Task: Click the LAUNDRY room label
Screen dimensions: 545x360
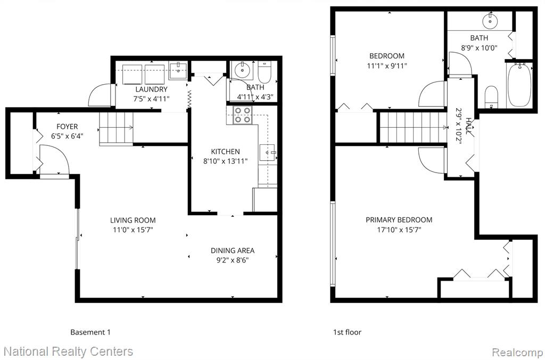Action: [152, 89]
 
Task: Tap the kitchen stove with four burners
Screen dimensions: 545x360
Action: [243, 115]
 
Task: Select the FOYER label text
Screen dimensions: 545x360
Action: [67, 127]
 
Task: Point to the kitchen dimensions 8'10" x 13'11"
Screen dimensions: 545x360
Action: [225, 161]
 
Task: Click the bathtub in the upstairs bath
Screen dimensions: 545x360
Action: [519, 85]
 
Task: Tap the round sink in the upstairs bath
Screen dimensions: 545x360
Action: [490, 21]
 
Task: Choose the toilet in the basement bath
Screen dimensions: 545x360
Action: [264, 72]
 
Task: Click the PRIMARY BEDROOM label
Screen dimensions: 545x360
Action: [399, 220]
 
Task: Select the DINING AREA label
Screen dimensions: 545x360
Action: [233, 250]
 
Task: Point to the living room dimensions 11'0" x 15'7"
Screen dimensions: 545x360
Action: [133, 230]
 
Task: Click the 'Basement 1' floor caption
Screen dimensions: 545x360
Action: [90, 332]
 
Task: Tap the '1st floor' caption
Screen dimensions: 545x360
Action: [347, 332]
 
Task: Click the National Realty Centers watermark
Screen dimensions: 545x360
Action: [68, 351]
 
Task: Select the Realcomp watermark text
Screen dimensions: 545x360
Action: [516, 351]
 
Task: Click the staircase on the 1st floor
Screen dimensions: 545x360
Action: [413, 127]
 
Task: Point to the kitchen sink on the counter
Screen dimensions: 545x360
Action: [267, 152]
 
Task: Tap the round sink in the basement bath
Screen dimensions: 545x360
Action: [242, 71]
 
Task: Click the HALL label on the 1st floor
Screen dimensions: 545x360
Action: [469, 127]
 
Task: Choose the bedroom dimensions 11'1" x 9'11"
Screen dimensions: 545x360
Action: [387, 66]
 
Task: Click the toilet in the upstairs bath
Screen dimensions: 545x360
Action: [491, 96]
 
